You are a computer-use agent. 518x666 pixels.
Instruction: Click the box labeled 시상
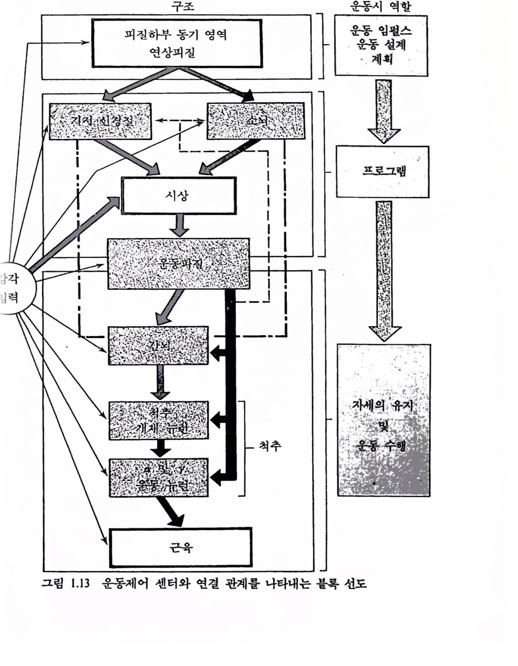tap(179, 196)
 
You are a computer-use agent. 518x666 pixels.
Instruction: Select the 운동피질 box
tap(179, 264)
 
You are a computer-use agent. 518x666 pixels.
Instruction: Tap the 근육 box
tap(180, 547)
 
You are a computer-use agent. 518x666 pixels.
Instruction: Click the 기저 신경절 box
tap(100, 121)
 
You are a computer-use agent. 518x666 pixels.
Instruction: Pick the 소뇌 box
tap(255, 121)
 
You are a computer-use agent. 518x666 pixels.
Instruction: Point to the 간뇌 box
tap(158, 345)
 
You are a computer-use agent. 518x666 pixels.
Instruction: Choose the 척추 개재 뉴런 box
tap(159, 421)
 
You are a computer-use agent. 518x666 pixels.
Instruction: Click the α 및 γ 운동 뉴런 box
tap(159, 477)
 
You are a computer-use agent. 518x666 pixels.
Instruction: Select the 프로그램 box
tap(382, 172)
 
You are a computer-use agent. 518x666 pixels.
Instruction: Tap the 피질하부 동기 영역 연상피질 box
tap(176, 43)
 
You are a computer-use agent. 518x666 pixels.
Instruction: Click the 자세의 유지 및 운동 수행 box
tap(383, 420)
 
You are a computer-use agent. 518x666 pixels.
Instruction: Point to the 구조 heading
tap(183, 6)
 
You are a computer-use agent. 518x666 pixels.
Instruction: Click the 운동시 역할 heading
tap(380, 6)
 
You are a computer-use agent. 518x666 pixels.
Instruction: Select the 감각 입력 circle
tap(12, 288)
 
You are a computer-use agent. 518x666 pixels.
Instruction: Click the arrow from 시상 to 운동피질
tap(179, 226)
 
